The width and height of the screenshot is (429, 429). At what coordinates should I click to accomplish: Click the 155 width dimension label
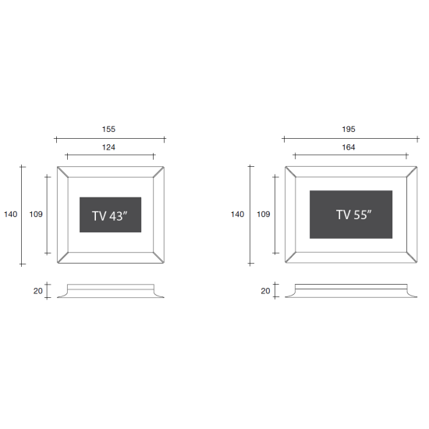pos(108,129)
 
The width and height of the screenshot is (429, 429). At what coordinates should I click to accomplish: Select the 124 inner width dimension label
pos(108,147)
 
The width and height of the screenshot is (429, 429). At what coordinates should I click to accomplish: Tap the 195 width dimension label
pos(349,129)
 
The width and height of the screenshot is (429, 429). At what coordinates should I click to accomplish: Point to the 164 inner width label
pos(349,147)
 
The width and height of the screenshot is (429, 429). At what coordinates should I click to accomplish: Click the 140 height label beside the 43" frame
pos(11,214)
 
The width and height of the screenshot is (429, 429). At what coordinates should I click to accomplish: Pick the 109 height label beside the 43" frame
pos(36,214)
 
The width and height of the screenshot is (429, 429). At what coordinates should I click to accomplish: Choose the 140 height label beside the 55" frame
pos(237,214)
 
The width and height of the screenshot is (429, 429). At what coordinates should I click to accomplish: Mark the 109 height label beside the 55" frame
pos(263,214)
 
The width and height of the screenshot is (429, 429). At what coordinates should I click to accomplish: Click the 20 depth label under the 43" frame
pos(38,291)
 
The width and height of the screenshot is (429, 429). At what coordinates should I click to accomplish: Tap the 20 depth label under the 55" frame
pos(265,291)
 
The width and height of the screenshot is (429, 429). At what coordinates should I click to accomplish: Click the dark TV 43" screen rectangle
pos(111,214)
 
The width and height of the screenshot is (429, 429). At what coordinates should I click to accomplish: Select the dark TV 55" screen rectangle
pos(351,214)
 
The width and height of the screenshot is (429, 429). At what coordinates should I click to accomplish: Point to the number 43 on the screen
pos(116,216)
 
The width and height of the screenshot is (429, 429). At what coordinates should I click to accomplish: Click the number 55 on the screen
pos(360,215)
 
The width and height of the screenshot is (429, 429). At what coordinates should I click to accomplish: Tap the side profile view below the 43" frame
pos(111,291)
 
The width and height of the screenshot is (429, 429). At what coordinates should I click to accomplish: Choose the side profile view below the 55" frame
pos(351,291)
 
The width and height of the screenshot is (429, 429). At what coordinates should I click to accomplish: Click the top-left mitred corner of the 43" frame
pos(62,172)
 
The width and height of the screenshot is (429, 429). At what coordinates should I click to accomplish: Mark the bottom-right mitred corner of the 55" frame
pos(412,257)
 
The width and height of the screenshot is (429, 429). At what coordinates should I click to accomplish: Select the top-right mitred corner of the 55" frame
pos(412,172)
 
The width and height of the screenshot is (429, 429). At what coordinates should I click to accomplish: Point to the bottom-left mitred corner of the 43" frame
pos(62,257)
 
